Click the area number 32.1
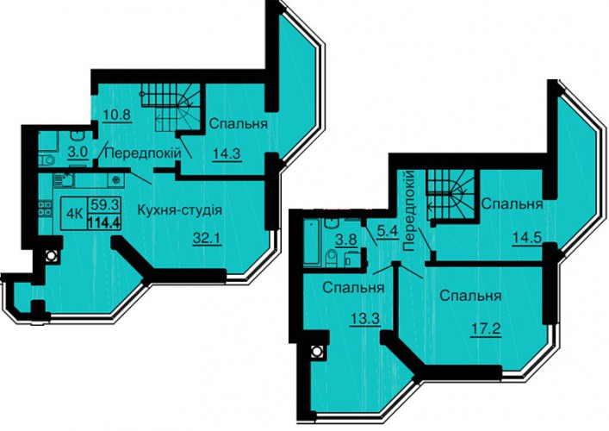pyautogui.click(x=207, y=238)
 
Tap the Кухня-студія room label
pyautogui.click(x=179, y=210)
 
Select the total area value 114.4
pyautogui.click(x=103, y=223)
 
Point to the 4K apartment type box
pyautogui.click(x=74, y=214)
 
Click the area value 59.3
pyautogui.click(x=105, y=204)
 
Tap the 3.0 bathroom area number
pyautogui.click(x=78, y=153)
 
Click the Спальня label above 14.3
pyautogui.click(x=239, y=124)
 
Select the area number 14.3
pyautogui.click(x=227, y=154)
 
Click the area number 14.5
pyautogui.click(x=526, y=237)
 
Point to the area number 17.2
pyautogui.click(x=485, y=329)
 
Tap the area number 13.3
pyautogui.click(x=364, y=321)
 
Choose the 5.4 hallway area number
pyautogui.click(x=388, y=233)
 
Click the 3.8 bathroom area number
pyautogui.click(x=346, y=240)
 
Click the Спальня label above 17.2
pyautogui.click(x=470, y=297)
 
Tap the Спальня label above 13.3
pyautogui.click(x=353, y=288)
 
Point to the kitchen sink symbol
pyautogui.click(x=63, y=180)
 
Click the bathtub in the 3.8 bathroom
pyautogui.click(x=312, y=242)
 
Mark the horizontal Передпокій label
pyautogui.click(x=143, y=153)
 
